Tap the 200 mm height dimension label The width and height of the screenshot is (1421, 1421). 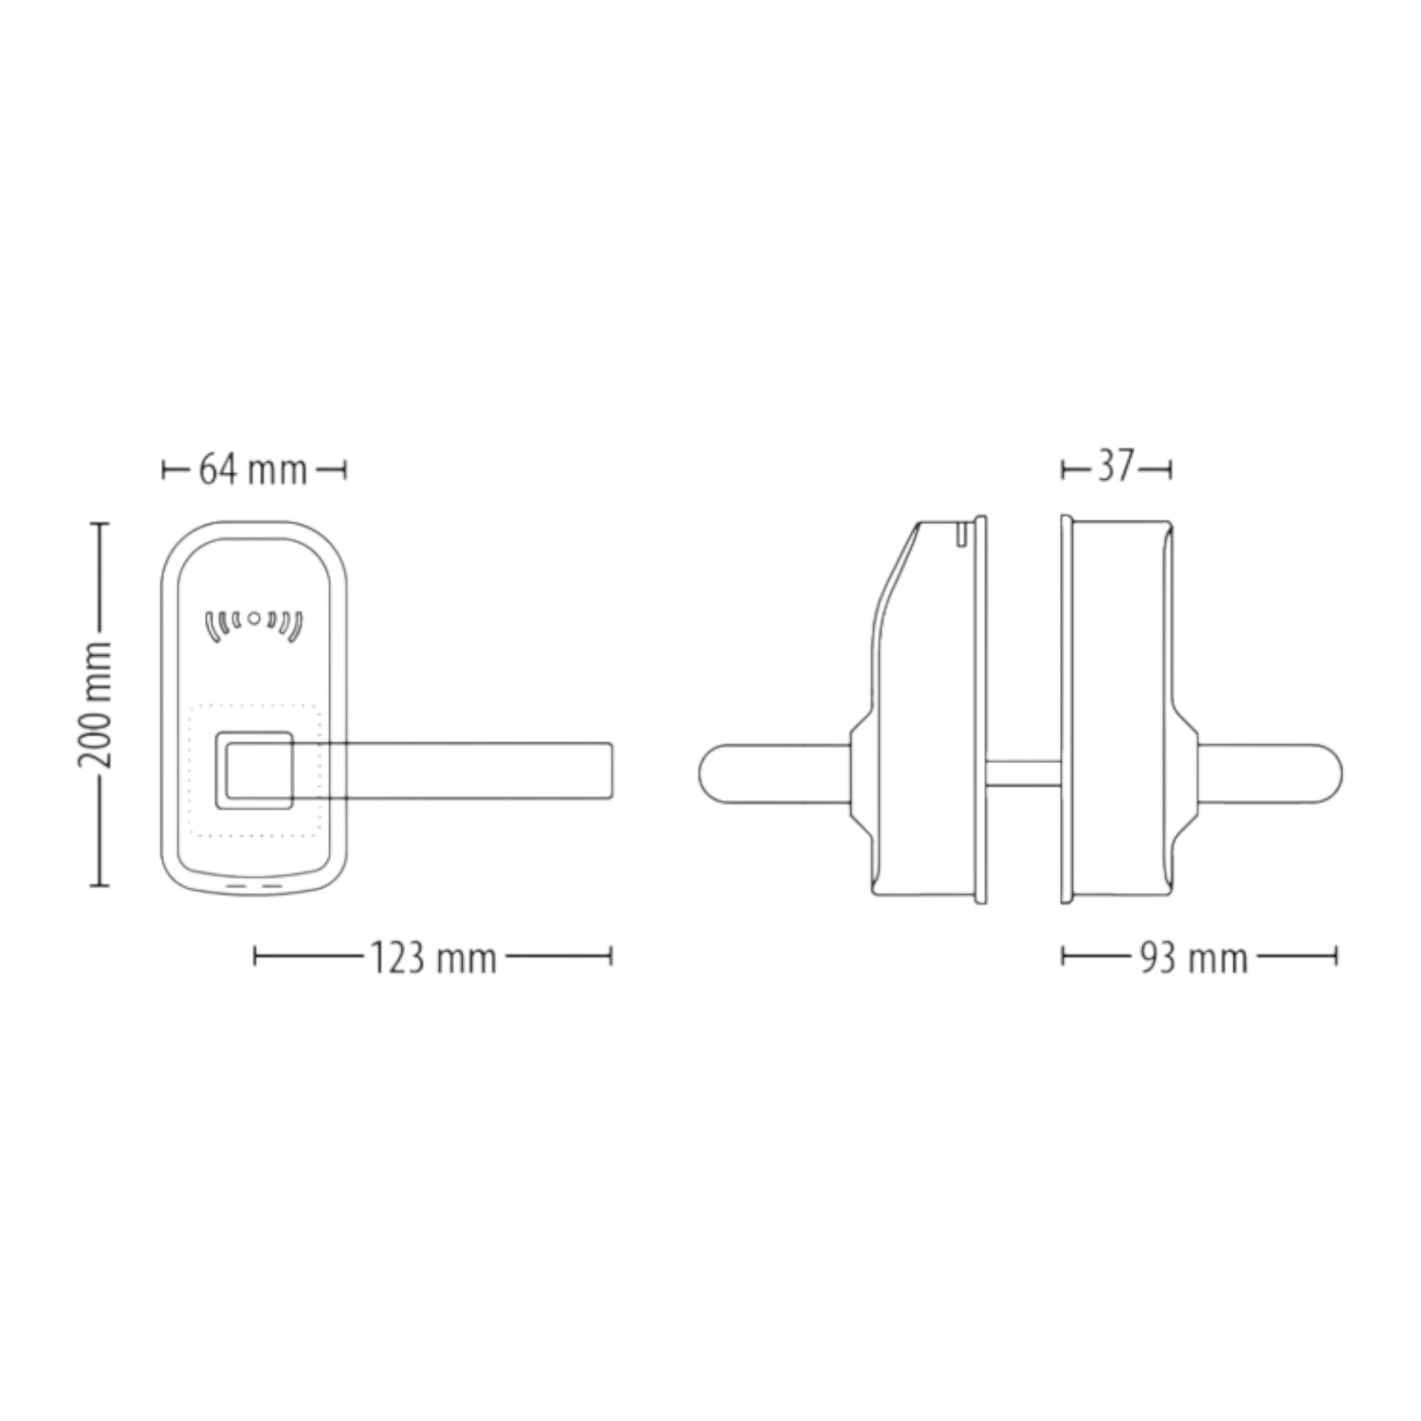pos(96,704)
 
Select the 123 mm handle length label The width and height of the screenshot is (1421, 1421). pos(433,958)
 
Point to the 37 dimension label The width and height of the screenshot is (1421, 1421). pos(1115,467)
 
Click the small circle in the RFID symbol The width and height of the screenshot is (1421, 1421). pos(254,619)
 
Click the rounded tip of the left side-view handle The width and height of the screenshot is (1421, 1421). pos(708,774)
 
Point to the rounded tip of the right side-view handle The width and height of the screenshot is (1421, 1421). pos(1333,774)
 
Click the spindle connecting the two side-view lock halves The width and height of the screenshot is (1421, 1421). pos(1023,773)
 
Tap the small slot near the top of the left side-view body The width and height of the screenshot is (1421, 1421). pos(961,535)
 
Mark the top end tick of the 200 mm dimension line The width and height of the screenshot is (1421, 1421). pos(100,524)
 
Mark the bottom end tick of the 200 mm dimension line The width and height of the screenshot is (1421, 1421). pos(100,885)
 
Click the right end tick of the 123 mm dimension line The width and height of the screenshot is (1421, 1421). pos(610,956)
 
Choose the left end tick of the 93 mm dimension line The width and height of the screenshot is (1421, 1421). pos(1064,956)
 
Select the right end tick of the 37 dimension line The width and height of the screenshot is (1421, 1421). pos(1170,469)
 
